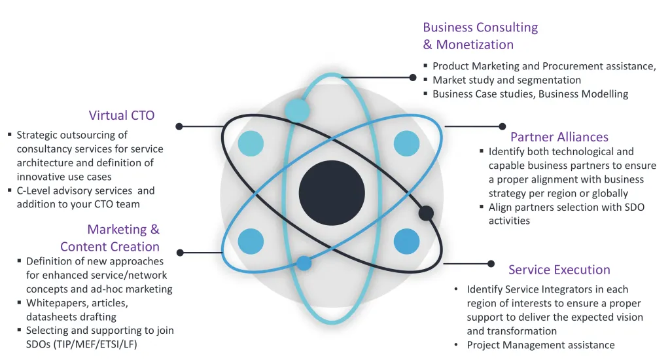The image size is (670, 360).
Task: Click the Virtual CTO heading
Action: tap(122, 116)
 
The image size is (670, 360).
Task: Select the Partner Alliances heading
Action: tap(559, 137)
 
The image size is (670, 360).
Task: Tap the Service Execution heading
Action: tap(559, 270)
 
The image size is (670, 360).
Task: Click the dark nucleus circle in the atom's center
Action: tap(332, 192)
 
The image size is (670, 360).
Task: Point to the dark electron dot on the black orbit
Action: tap(426, 213)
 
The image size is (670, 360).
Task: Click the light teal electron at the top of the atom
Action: tap(298, 110)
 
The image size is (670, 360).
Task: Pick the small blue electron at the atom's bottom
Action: tap(304, 263)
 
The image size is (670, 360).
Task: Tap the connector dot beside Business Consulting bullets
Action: tap(413, 77)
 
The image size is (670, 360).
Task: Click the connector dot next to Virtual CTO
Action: tap(179, 126)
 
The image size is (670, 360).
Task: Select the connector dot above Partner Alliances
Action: tap(502, 126)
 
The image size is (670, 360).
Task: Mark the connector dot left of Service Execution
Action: tap(491, 264)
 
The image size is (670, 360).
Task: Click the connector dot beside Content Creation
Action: tap(181, 252)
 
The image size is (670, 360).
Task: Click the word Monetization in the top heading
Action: tap(475, 45)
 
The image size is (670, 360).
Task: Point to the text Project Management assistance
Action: tap(540, 345)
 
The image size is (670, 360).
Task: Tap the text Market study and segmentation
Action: tap(506, 80)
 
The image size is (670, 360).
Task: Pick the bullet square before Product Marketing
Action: tap(425, 65)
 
